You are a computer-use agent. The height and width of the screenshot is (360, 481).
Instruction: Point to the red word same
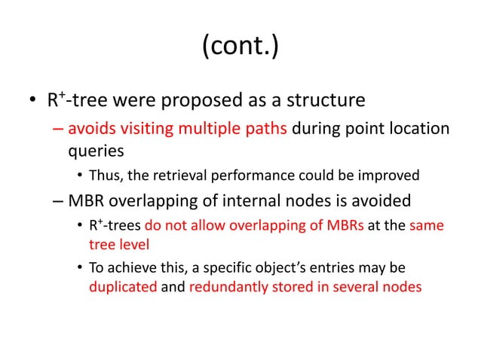427,226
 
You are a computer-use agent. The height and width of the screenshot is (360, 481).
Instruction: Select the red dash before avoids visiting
58,129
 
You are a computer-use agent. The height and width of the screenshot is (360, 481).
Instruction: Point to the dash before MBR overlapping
58,201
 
